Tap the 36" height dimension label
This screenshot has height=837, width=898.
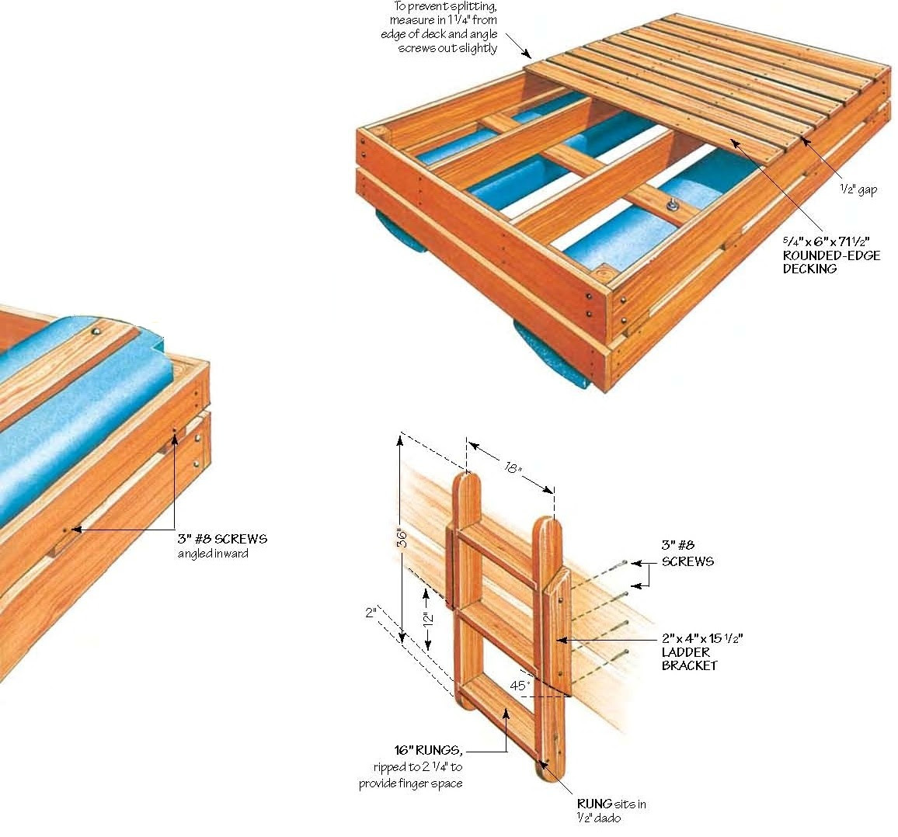click(402, 538)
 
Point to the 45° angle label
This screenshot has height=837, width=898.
click(520, 686)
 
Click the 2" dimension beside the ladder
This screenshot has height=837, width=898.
click(371, 613)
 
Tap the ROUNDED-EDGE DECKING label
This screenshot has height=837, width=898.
click(831, 262)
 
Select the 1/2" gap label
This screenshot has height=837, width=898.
click(858, 189)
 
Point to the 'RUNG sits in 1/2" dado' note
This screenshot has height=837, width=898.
click(611, 811)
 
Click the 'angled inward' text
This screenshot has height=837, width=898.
click(213, 554)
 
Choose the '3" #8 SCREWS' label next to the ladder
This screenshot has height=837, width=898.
click(687, 554)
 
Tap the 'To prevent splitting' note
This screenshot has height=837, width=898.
click(447, 27)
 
